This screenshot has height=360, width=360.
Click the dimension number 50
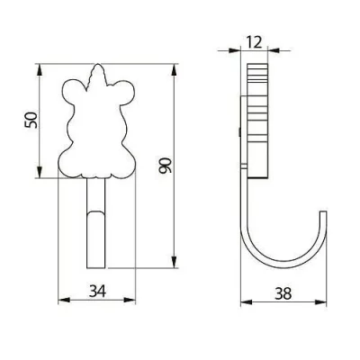coord(29,119)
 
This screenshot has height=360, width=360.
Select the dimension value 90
coord(164,165)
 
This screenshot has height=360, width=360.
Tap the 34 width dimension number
coord(96,290)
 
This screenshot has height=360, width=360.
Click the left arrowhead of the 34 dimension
coord(61,301)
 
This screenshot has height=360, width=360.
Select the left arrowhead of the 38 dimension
coord(246,301)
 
